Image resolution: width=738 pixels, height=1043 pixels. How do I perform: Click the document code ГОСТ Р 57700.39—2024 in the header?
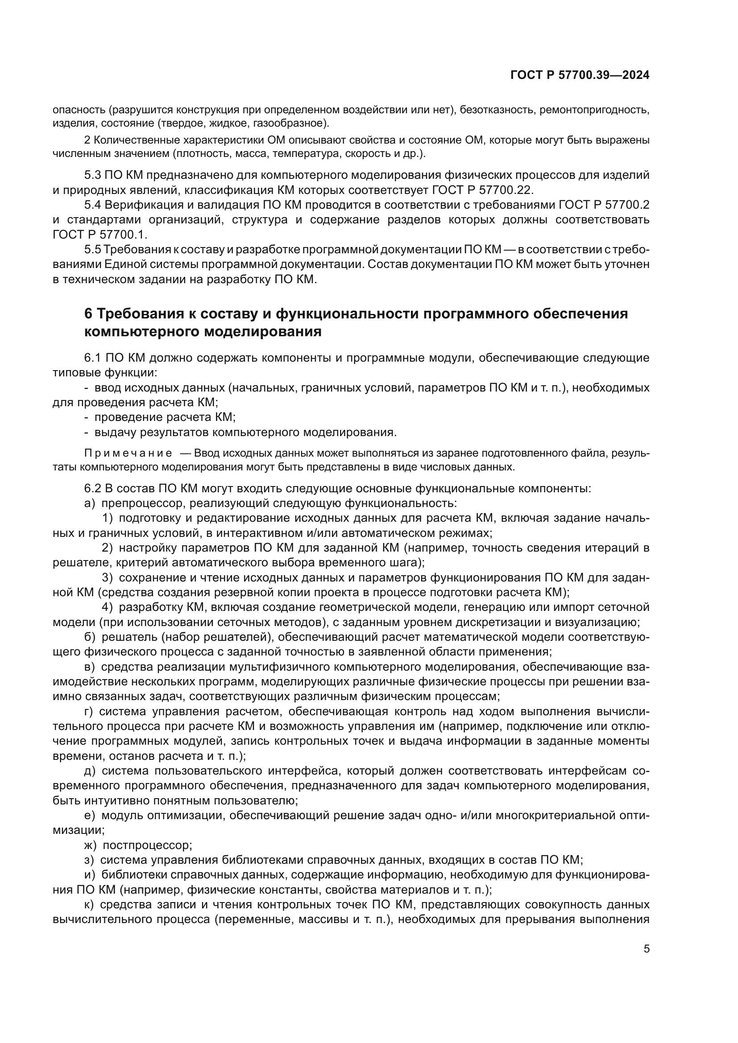tap(580, 75)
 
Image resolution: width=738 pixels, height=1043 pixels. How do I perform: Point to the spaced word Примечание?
tap(128, 453)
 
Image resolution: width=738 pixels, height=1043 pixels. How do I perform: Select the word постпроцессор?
tap(147, 845)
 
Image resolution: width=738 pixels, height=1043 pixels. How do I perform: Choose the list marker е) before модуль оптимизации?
tap(89, 816)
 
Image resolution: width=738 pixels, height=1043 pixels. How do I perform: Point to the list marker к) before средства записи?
tap(89, 905)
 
